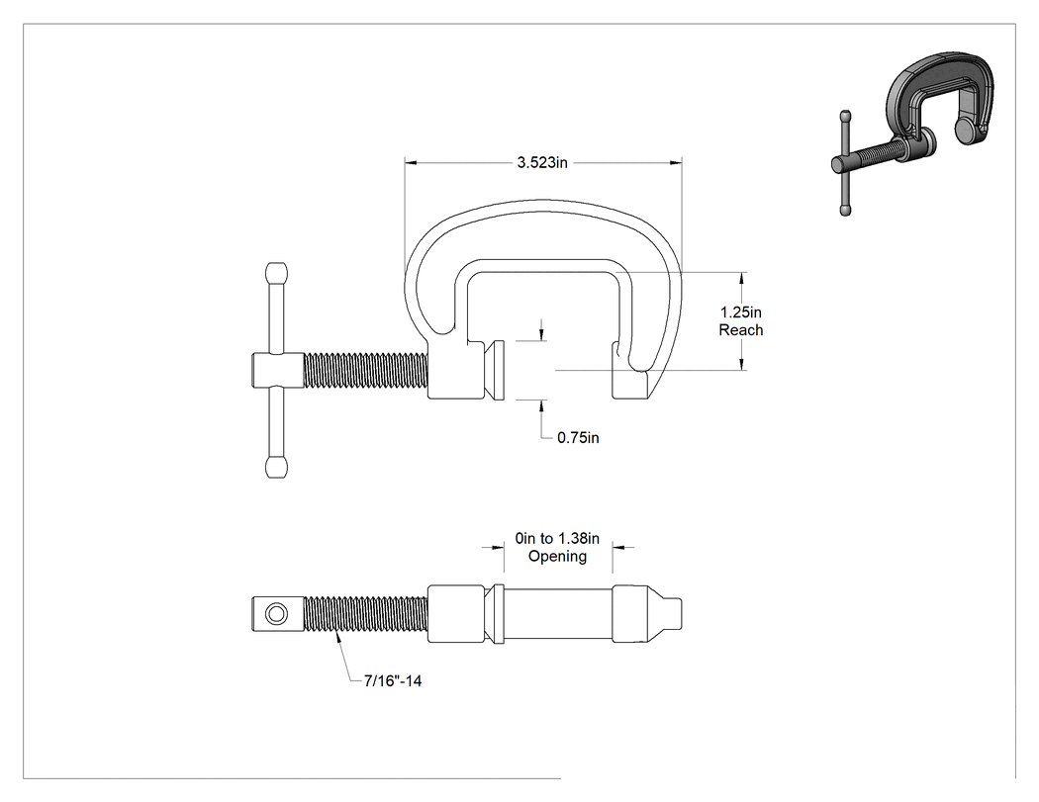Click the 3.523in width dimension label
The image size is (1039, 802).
(542, 162)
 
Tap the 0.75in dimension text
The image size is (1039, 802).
(578, 438)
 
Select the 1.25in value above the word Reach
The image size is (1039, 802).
(741, 312)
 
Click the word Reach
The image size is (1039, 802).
(741, 330)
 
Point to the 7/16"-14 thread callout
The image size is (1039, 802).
(393, 680)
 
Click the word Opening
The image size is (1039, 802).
(557, 557)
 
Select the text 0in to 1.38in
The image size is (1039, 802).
(557, 538)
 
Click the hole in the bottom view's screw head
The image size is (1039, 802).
(276, 614)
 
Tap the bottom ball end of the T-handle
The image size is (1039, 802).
(276, 467)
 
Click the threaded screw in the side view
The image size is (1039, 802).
(366, 371)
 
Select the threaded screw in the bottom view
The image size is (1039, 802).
(366, 614)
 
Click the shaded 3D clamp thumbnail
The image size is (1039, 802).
(913, 134)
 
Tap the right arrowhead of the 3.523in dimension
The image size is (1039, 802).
(676, 161)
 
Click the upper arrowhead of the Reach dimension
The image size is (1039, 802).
(741, 278)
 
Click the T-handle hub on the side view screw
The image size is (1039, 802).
(278, 371)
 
